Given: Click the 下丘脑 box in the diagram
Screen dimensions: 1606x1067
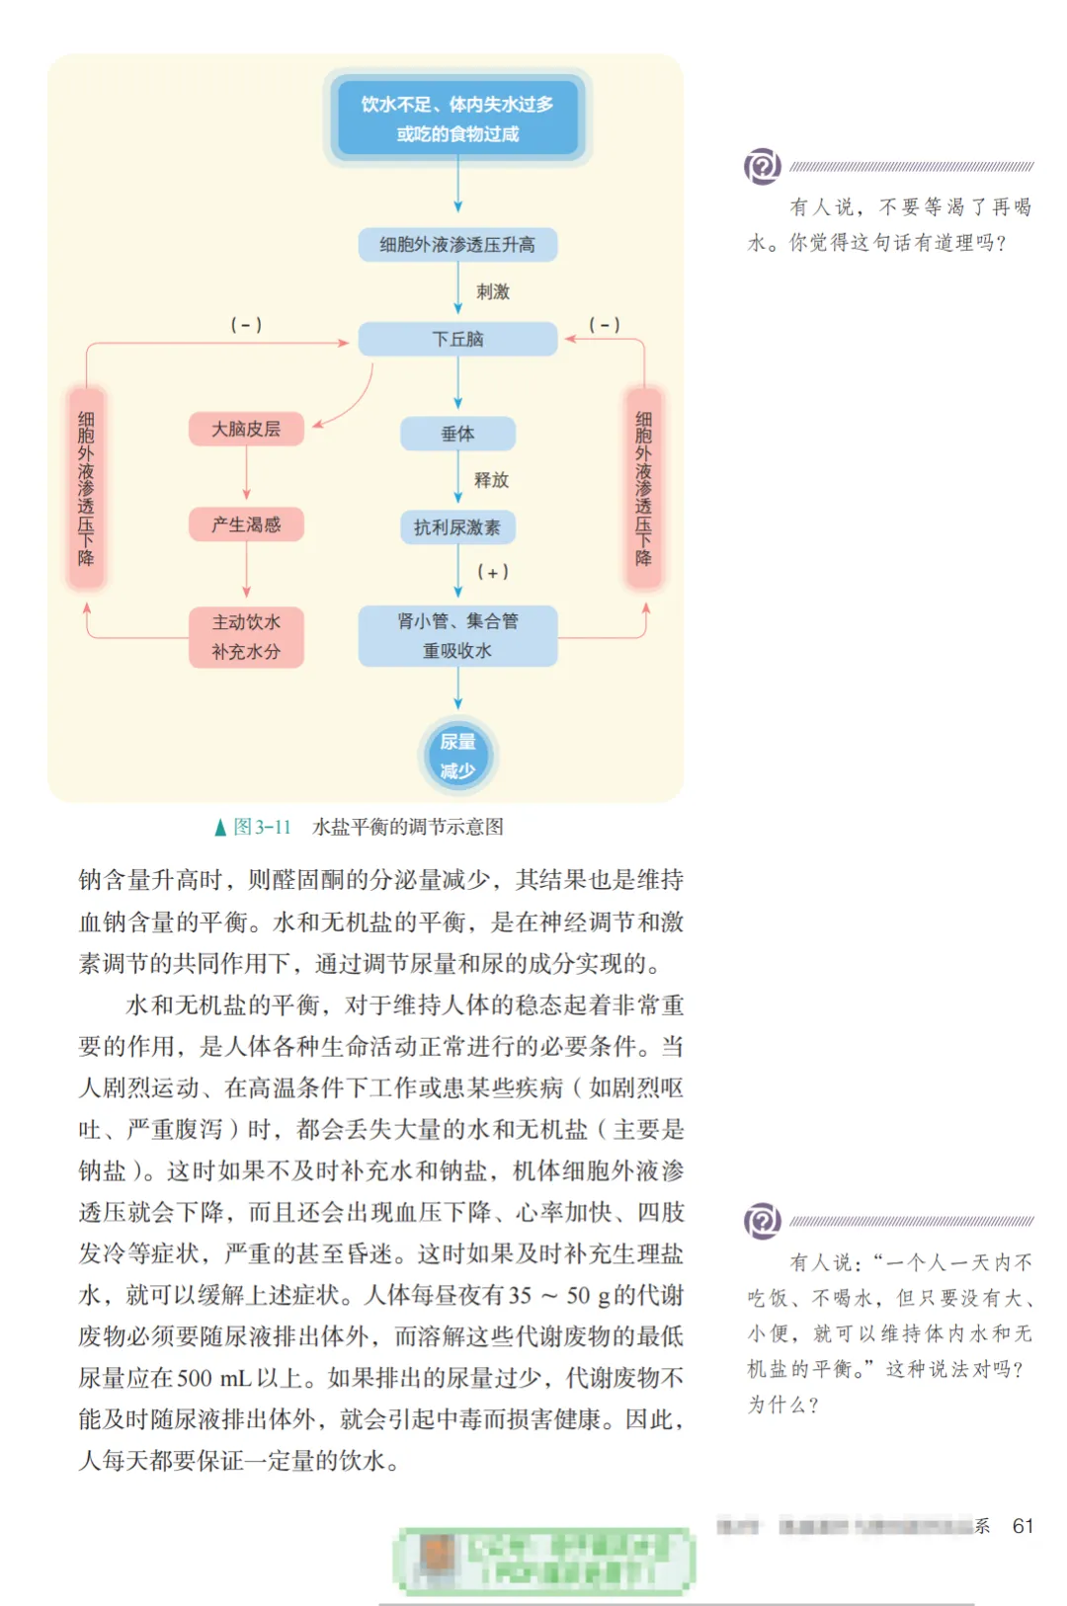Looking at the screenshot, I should tap(457, 339).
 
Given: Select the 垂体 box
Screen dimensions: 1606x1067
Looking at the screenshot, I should tap(457, 434).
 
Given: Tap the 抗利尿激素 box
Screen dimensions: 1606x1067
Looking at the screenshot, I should tap(457, 527).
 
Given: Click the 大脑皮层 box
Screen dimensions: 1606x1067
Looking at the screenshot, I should tap(246, 429).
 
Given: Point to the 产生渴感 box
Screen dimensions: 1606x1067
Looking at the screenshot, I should tap(246, 524).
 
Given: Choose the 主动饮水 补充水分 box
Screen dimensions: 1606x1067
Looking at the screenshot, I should tap(246, 637).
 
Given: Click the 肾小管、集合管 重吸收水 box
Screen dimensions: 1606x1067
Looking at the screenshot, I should tap(457, 636).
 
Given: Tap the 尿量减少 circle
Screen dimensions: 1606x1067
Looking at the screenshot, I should tap(457, 756).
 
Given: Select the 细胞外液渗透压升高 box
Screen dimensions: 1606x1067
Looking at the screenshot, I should tap(457, 244).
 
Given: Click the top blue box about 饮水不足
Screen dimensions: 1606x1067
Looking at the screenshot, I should tap(457, 119).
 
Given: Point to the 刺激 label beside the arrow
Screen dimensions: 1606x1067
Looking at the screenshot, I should tap(493, 291).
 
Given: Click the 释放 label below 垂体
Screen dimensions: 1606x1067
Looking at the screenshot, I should tap(491, 480).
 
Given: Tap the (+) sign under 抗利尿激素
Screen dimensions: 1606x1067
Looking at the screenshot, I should tap(493, 572).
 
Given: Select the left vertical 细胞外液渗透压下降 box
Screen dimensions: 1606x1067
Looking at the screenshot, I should tap(87, 489).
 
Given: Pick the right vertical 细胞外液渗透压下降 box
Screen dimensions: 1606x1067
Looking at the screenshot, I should tap(644, 489).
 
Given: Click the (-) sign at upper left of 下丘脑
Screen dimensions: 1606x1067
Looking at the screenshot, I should tap(246, 325).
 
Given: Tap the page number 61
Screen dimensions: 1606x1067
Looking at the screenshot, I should tap(1023, 1526).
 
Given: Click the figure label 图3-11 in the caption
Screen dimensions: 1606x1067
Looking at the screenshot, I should tap(262, 827).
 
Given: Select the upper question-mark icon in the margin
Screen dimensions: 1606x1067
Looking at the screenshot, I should tap(762, 167).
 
